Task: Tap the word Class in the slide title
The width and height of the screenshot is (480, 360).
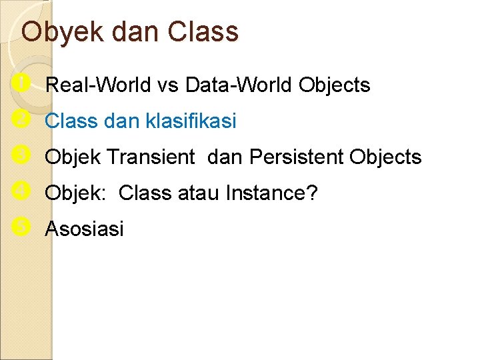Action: click(x=203, y=31)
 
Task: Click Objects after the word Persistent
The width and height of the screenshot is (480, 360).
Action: click(x=385, y=157)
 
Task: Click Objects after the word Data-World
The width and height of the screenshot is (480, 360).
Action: click(x=335, y=85)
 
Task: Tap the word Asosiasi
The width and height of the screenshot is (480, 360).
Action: click(x=84, y=229)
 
